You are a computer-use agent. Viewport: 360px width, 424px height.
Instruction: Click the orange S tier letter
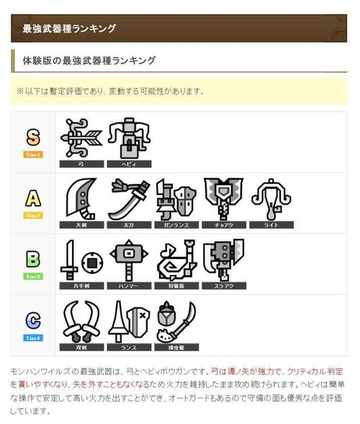33,137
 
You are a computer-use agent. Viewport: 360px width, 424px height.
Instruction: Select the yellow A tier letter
33,198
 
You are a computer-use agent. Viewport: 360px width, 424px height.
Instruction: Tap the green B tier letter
33,259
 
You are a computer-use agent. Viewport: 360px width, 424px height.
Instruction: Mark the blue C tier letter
33,320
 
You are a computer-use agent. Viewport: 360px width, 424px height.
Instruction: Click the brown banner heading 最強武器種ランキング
179,28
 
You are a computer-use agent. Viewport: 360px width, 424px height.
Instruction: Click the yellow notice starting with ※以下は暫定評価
179,91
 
